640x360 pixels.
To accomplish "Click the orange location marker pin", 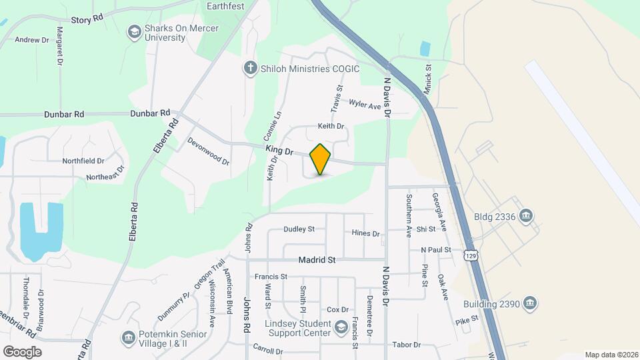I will [320, 159].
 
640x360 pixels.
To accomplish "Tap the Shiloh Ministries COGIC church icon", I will [250, 69].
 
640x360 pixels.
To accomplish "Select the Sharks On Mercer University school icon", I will [134, 32].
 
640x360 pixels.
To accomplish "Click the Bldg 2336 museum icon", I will [526, 215].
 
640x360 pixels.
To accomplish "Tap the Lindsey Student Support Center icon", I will [341, 327].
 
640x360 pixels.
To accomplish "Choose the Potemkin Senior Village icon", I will [127, 337].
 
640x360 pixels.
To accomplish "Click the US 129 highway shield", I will [471, 255].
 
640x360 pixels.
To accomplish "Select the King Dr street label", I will [279, 151].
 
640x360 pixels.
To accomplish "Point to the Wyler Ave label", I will [365, 106].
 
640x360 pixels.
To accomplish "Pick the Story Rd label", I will [87, 19].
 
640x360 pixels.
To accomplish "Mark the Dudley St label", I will [299, 229].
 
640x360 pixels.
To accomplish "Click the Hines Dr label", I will [365, 234].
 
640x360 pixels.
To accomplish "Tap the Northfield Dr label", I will [83, 161].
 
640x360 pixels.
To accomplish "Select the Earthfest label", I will [225, 6].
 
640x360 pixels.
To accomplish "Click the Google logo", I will [22, 351].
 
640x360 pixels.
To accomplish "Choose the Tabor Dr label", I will [407, 345].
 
